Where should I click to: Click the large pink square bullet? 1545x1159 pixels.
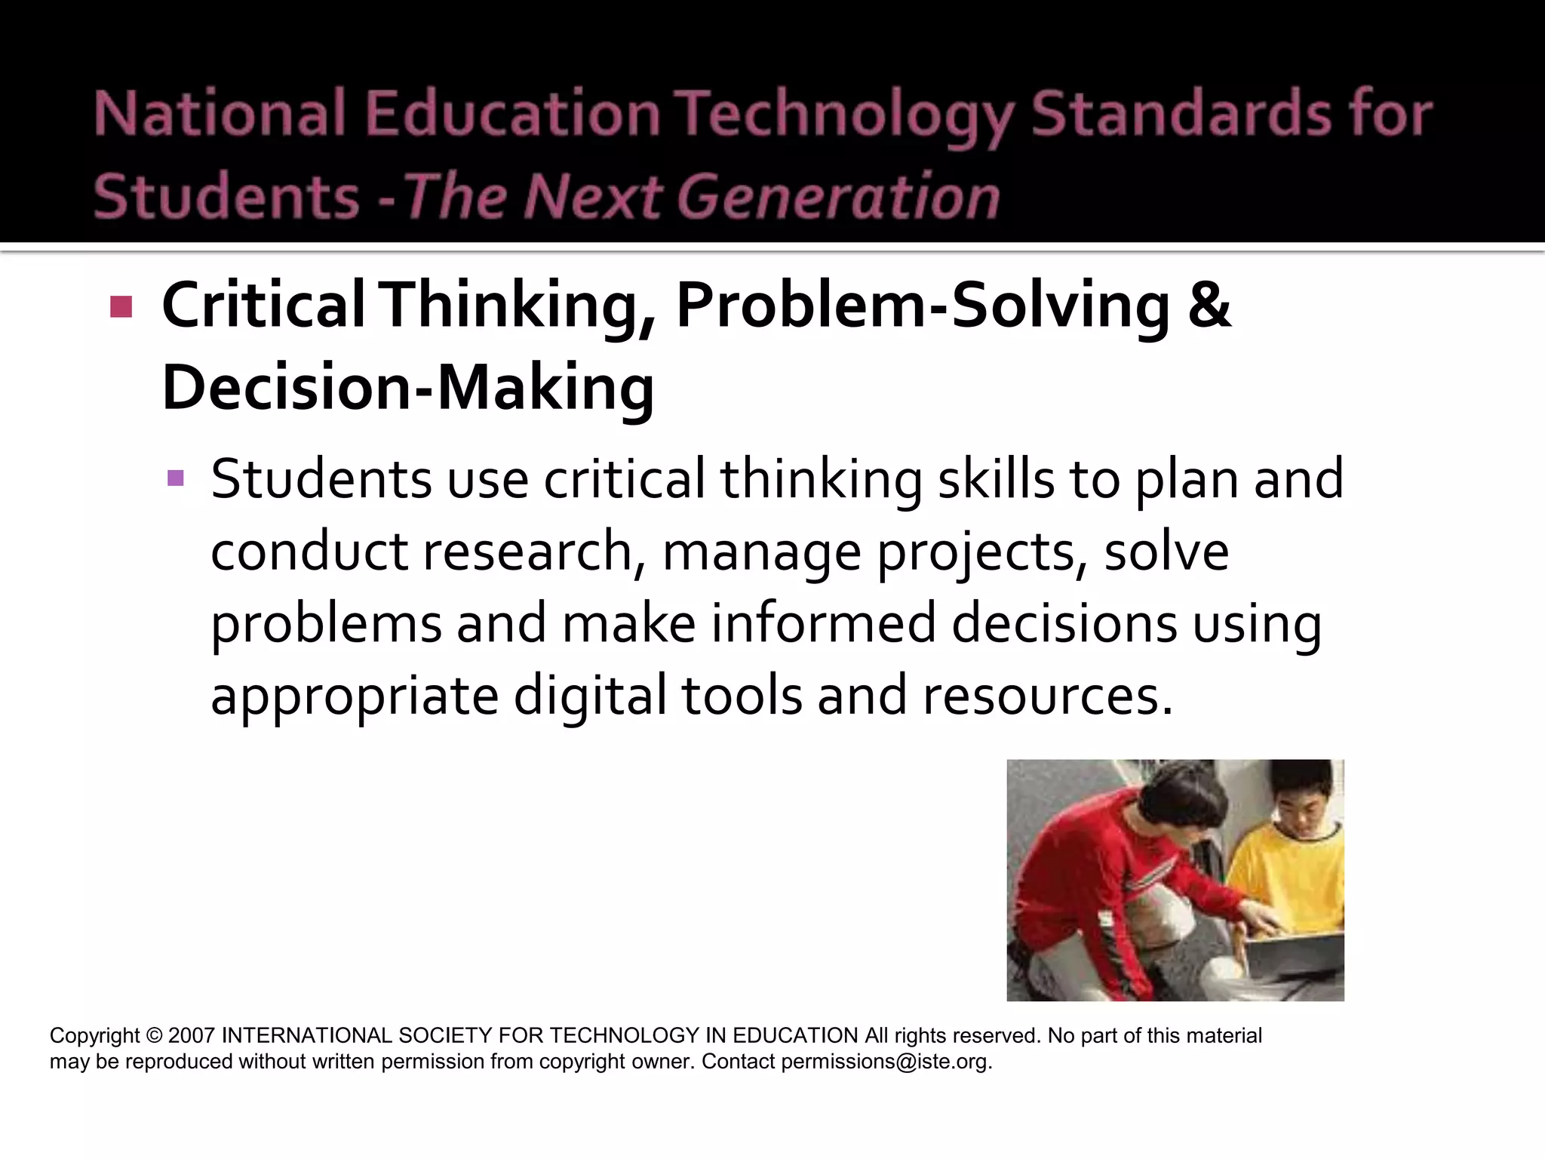pyautogui.click(x=121, y=306)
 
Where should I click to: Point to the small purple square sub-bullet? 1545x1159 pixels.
pyautogui.click(x=176, y=478)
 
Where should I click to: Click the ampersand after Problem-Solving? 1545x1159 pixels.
pyautogui.click(x=1209, y=305)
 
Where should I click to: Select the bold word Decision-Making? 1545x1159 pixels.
pyautogui.click(x=408, y=388)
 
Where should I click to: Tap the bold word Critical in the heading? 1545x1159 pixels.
pyautogui.click(x=263, y=305)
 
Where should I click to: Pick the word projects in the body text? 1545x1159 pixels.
pyautogui.click(x=981, y=552)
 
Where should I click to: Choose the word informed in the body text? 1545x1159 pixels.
pyautogui.click(x=823, y=623)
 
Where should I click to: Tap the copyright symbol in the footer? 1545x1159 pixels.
pyautogui.click(x=154, y=1035)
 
